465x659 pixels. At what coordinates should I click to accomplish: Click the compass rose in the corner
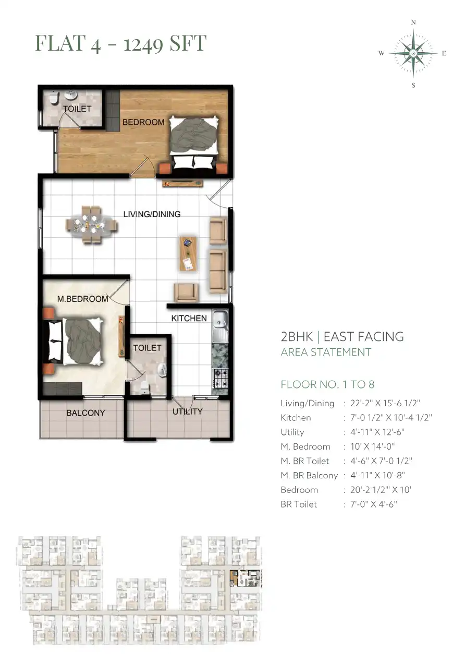(x=413, y=54)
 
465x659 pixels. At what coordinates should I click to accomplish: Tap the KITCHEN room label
(x=189, y=319)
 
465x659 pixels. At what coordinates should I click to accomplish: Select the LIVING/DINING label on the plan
(x=152, y=214)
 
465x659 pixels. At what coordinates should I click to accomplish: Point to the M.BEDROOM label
(x=82, y=299)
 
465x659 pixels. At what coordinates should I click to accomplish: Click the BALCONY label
(x=85, y=413)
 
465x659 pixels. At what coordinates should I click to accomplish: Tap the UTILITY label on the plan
(x=188, y=411)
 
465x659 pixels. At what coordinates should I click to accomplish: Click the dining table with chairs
(x=91, y=225)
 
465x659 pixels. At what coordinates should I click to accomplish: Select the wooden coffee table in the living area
(x=188, y=254)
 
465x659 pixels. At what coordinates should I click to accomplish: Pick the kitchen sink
(x=220, y=325)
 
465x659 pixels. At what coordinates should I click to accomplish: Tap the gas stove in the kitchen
(x=220, y=379)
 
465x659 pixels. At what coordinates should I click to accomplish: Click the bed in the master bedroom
(x=74, y=341)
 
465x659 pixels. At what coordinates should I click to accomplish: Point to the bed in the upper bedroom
(x=194, y=142)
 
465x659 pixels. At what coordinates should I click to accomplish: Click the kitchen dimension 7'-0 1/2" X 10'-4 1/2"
(x=391, y=418)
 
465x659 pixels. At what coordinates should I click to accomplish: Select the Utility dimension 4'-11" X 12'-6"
(x=377, y=432)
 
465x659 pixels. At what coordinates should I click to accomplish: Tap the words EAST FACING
(x=364, y=337)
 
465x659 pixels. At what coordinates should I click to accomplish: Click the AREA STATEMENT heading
(x=326, y=352)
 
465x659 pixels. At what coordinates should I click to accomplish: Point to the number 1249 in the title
(x=143, y=44)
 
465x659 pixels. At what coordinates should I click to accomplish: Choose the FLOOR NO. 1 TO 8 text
(x=327, y=384)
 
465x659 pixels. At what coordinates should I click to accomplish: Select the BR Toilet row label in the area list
(x=299, y=504)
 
